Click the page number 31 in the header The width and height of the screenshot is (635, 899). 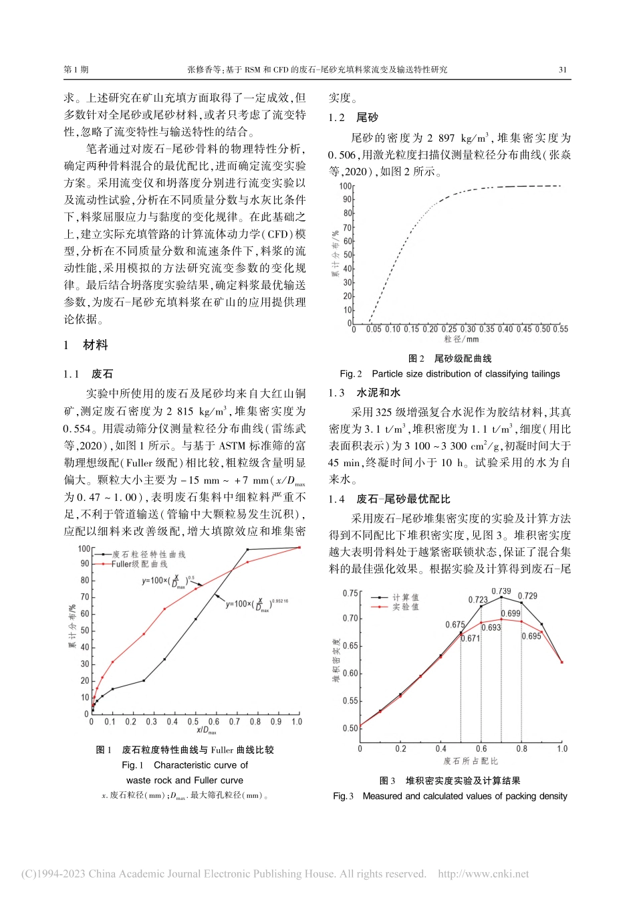[562, 70]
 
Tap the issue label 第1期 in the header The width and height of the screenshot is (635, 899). [76, 70]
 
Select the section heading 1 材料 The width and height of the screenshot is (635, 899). [86, 345]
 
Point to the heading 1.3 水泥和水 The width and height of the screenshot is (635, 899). [364, 393]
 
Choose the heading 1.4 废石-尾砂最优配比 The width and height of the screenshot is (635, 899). [389, 499]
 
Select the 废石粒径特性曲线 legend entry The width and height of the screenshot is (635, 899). [148, 555]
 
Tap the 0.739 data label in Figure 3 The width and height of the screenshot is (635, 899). [501, 591]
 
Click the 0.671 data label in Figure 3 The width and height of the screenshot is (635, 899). [471, 638]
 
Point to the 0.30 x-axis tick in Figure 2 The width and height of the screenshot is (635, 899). [468, 329]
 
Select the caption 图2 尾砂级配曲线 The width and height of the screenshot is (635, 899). [449, 359]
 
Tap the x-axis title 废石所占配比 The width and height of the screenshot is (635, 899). [471, 761]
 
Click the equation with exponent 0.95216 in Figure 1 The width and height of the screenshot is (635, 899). [257, 605]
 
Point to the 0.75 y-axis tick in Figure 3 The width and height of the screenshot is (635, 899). [350, 593]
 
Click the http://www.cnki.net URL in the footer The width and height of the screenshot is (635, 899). [483, 874]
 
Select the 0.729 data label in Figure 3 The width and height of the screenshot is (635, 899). [528, 596]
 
